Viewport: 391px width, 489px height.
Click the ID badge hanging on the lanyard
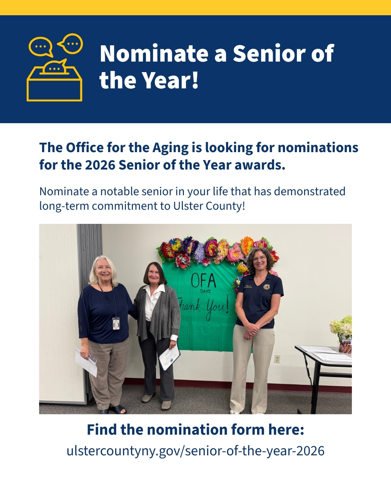[x=116, y=323]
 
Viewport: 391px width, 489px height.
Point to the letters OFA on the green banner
[x=203, y=281]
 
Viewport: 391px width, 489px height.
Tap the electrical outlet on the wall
[x=277, y=359]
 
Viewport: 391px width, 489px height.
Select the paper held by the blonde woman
[x=86, y=361]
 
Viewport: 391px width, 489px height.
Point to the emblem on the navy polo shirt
[x=267, y=287]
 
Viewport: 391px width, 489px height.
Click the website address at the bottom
[x=195, y=451]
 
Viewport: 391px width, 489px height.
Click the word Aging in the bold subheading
[x=171, y=148]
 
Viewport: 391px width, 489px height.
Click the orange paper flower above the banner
[x=247, y=244]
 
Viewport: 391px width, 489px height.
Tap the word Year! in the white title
[x=170, y=80]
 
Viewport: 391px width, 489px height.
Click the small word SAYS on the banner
[x=205, y=291]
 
